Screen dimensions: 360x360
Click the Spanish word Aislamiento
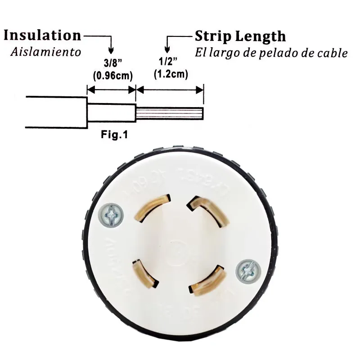(45, 52)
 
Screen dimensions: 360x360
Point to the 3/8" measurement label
(111, 64)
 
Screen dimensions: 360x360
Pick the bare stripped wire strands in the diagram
(170, 112)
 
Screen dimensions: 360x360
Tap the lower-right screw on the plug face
(248, 270)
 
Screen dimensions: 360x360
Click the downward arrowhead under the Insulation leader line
(111, 50)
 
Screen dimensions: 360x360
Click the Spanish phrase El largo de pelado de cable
(271, 52)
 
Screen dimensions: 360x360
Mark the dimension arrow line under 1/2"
(170, 90)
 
